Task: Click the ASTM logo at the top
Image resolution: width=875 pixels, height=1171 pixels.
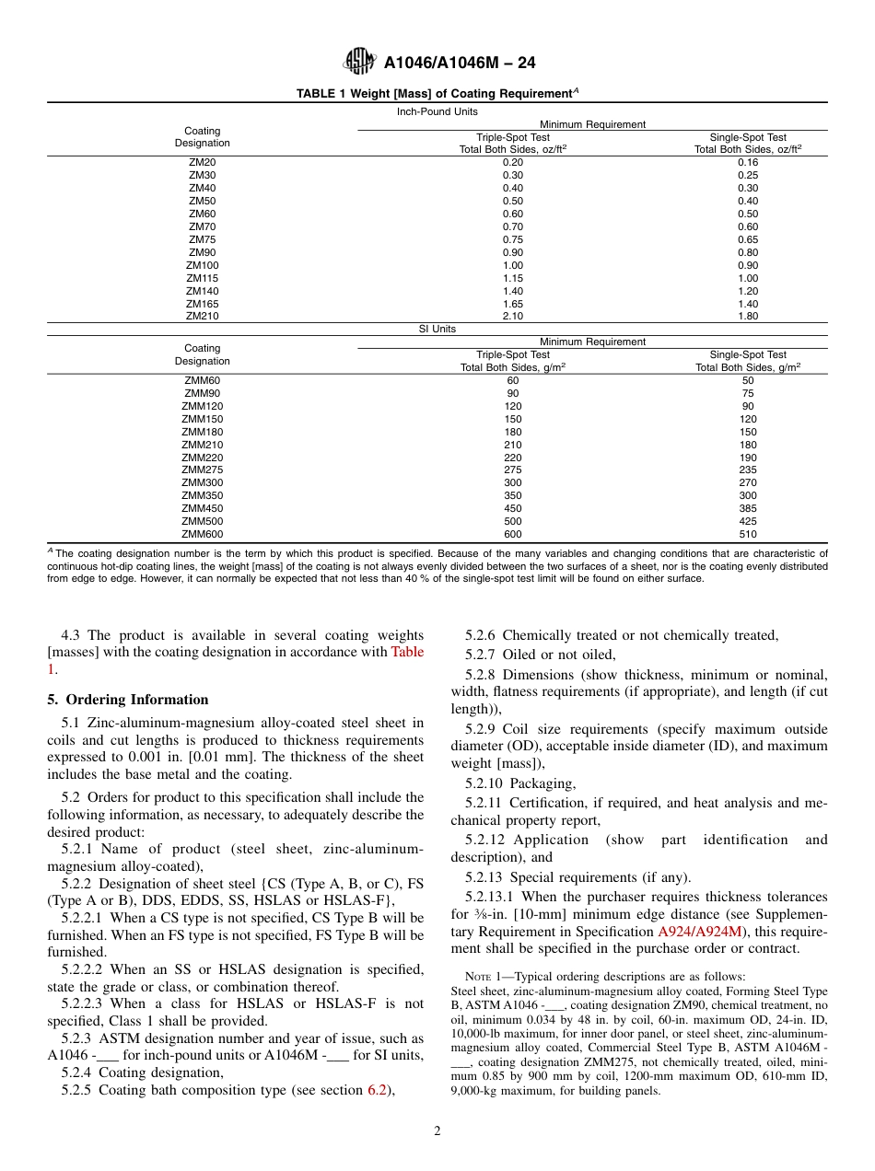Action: [x=358, y=63]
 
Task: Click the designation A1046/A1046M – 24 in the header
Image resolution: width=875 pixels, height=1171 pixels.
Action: [x=460, y=64]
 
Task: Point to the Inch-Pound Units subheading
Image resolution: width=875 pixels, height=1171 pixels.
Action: [x=437, y=111]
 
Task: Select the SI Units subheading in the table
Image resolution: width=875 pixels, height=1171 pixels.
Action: [x=437, y=329]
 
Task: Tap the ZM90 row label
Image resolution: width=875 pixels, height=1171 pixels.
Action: [x=203, y=252]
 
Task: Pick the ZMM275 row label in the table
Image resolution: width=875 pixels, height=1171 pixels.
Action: [x=203, y=470]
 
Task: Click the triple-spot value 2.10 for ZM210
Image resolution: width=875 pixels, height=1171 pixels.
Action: [x=513, y=316]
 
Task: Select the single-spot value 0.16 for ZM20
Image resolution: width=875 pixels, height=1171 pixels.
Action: [x=747, y=162]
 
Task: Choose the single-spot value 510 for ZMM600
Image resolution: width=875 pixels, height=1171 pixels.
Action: [x=747, y=534]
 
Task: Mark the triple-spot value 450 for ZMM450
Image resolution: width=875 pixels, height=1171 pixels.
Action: [x=513, y=508]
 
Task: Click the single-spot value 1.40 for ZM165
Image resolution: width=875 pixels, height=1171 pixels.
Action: [x=747, y=304]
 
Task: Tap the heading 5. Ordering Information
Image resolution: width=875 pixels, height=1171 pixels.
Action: [x=128, y=700]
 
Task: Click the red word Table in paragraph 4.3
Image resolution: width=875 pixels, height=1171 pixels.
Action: [x=407, y=653]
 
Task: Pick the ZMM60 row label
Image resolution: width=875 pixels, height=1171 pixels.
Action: [x=203, y=380]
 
